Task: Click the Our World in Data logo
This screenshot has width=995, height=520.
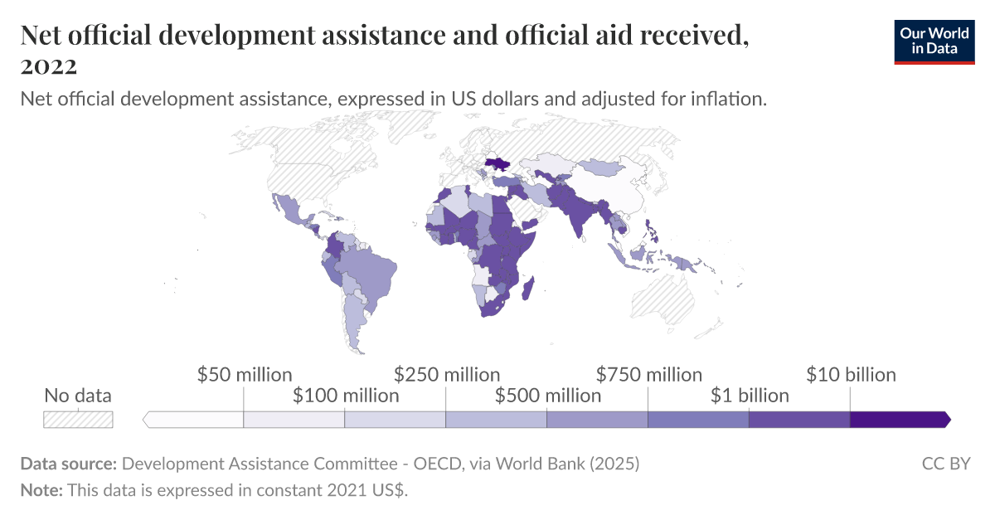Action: point(934,41)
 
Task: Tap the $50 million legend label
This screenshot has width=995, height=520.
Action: point(245,375)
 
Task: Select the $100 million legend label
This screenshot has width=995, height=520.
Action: point(346,396)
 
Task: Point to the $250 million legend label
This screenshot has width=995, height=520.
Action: point(447,375)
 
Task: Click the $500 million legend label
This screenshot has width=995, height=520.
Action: point(548,396)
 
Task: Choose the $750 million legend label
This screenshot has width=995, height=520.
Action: point(649,375)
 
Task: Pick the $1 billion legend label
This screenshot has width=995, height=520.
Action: point(750,396)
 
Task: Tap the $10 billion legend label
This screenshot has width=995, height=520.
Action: point(851,375)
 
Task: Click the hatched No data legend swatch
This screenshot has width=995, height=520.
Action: point(78,420)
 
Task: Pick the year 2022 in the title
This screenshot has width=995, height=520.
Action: point(49,66)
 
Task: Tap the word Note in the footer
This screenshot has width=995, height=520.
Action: point(41,490)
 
